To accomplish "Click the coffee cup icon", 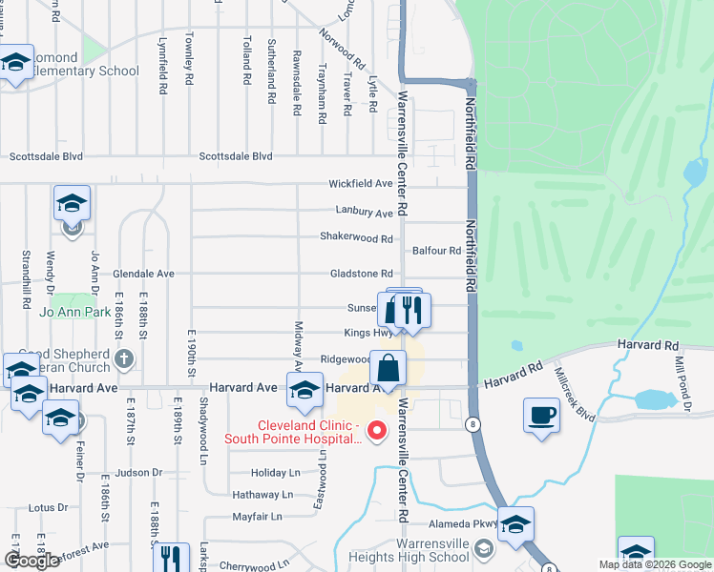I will coord(542,415).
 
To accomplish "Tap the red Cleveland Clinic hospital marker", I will coord(376,432).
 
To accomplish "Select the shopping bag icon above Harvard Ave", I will coord(388,367).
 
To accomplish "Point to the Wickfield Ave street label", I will coord(361,183).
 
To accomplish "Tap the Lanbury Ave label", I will coord(364,213).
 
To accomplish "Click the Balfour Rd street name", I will coord(436,251).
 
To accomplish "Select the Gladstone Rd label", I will coord(361,274).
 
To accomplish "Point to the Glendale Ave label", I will coord(143,274).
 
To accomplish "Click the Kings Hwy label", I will coord(368,334).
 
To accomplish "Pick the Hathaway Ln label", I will coord(262,495).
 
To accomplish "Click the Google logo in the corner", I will coord(32,561).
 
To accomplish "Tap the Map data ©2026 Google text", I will coord(656,564).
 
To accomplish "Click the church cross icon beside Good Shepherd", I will coord(122,359).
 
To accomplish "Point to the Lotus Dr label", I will coord(48,508).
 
